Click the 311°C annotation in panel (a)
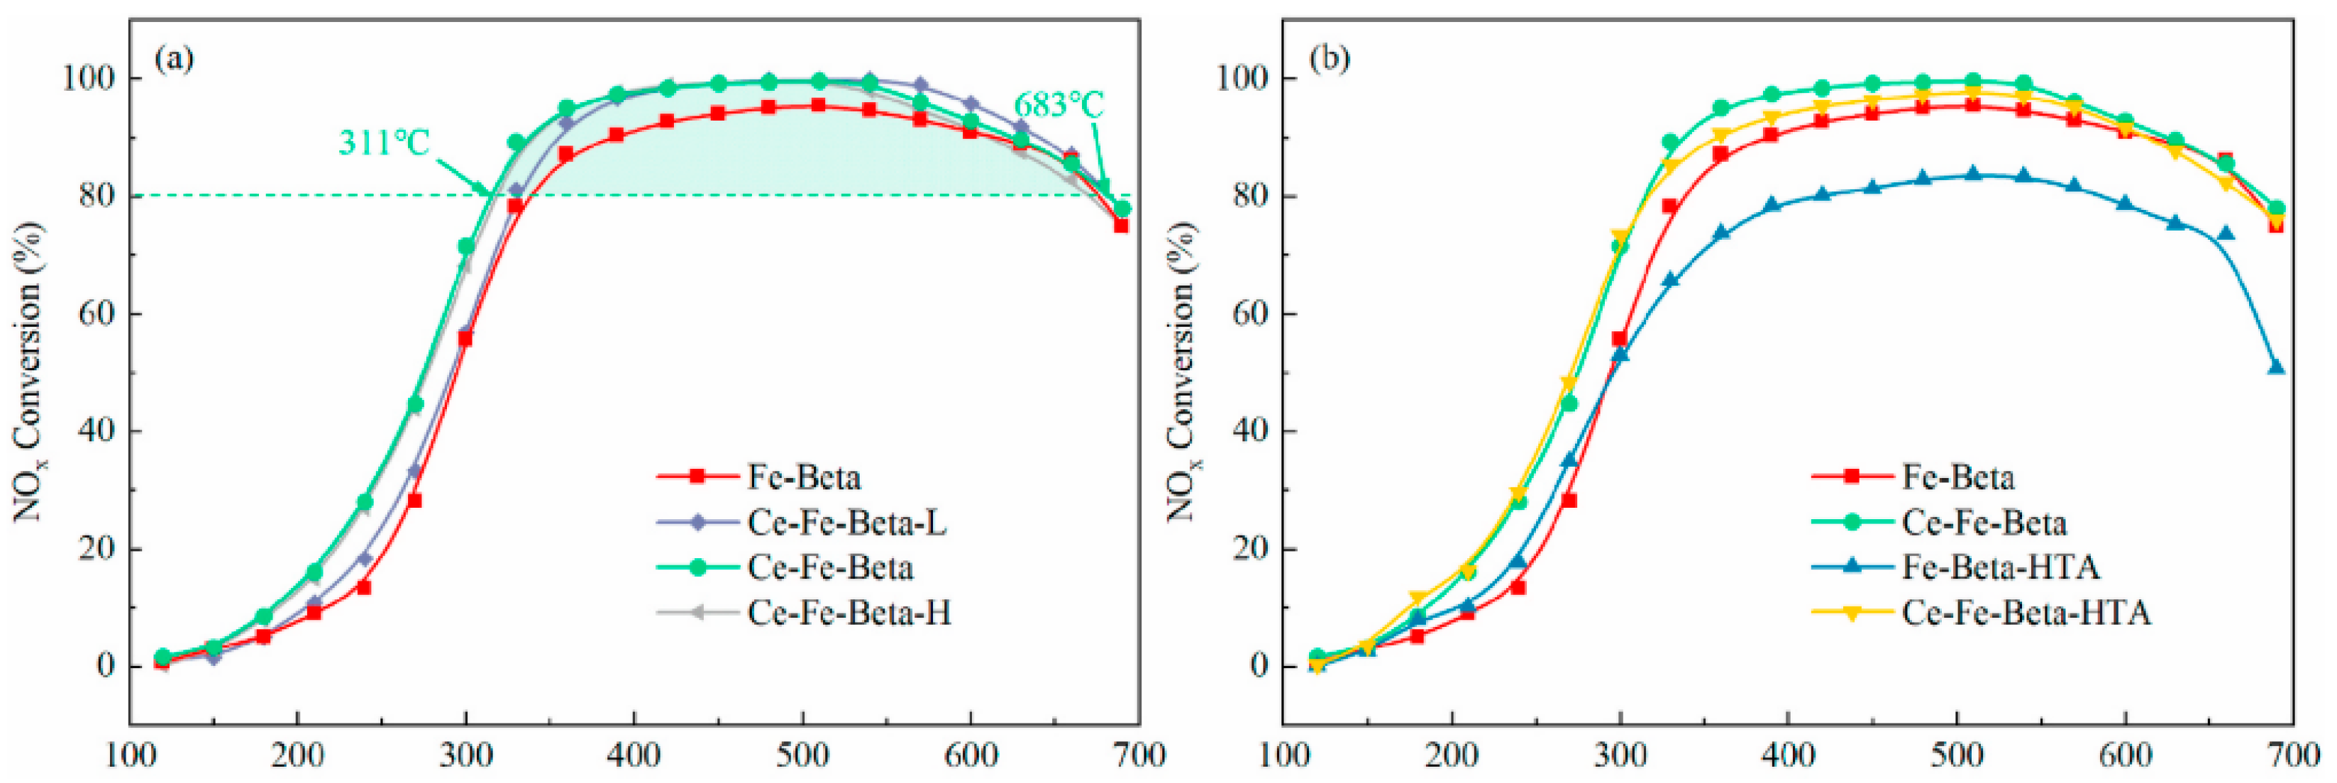(x=383, y=143)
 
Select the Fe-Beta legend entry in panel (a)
(x=803, y=477)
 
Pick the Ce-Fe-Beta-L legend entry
(x=846, y=523)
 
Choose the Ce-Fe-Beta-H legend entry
(x=849, y=613)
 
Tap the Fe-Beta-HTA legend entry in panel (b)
(x=1999, y=568)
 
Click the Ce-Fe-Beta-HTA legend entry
(x=2025, y=613)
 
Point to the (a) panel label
(x=175, y=59)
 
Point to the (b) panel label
(x=1329, y=59)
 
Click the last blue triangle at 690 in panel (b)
(x=2275, y=367)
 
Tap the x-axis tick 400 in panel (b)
(x=1788, y=755)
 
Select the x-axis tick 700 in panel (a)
(x=1139, y=755)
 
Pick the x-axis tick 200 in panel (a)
(x=297, y=755)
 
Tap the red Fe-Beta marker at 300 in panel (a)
(x=465, y=338)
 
